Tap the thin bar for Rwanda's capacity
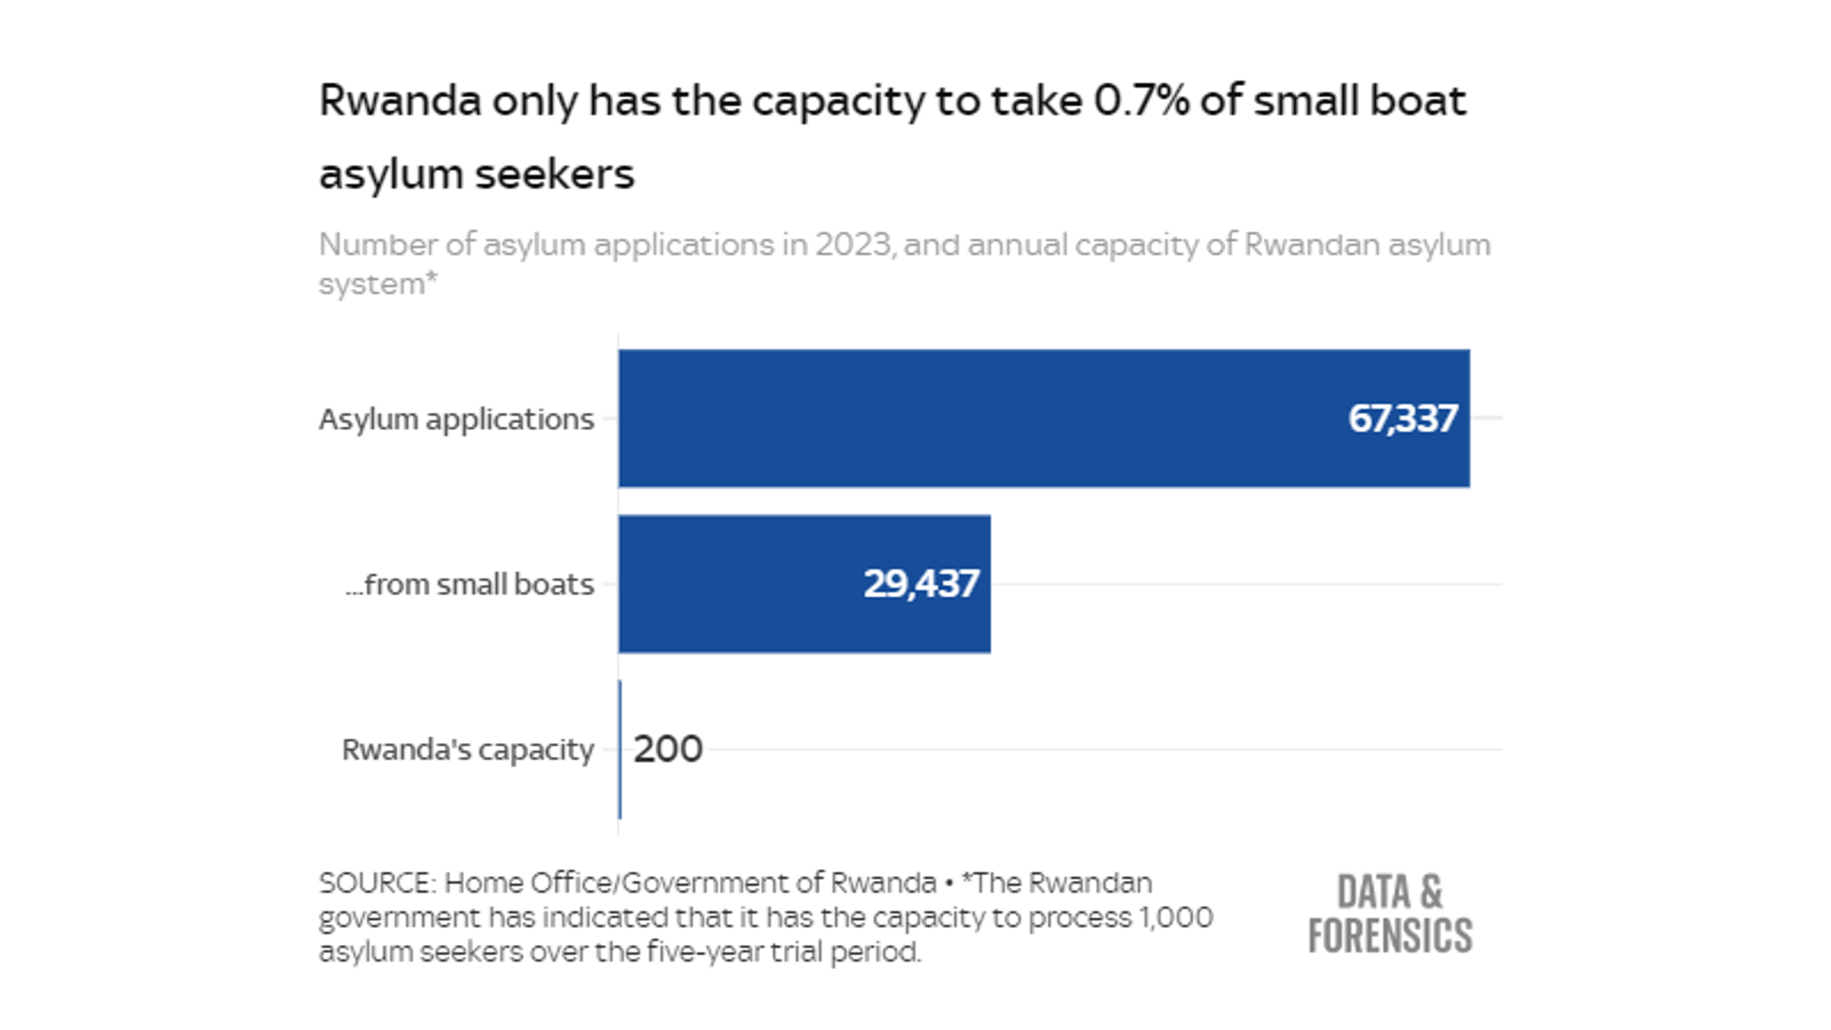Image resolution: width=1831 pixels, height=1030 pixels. [x=620, y=749]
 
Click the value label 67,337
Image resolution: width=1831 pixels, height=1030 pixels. [x=1402, y=418]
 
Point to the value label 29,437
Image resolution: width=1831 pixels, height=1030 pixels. [x=921, y=584]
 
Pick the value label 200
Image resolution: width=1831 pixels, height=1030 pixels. [x=668, y=749]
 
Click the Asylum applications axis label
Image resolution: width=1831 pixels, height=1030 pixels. [x=456, y=418]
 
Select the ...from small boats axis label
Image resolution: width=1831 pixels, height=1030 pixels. [x=469, y=584]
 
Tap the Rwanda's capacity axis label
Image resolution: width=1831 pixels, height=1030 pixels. [x=468, y=749]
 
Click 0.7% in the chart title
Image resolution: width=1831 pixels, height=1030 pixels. [x=1142, y=100]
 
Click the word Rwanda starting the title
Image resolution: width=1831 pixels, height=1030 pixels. [x=401, y=100]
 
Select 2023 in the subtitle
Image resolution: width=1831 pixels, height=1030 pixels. [x=853, y=244]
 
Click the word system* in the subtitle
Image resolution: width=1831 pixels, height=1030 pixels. [x=378, y=283]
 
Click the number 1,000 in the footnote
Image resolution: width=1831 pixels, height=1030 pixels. [x=1175, y=917]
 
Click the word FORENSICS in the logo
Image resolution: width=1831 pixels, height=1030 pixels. [x=1389, y=935]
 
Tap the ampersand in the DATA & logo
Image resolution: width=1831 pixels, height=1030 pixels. [x=1430, y=892]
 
